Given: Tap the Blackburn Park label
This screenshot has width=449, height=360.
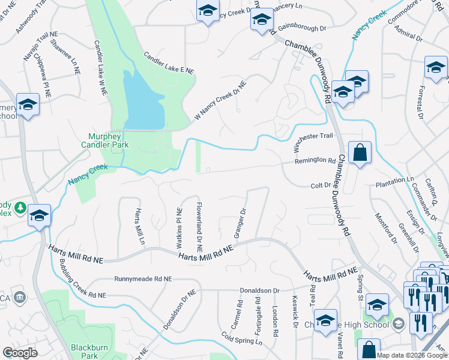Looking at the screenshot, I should [84, 351].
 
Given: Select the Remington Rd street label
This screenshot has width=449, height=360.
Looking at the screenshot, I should [315, 161].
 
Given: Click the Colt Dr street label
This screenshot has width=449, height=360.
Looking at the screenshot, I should [321, 185].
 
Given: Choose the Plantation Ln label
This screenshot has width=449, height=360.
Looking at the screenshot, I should [395, 179].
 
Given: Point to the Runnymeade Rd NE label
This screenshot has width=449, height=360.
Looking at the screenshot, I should [143, 279].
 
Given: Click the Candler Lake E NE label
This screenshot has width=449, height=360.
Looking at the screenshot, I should [169, 62].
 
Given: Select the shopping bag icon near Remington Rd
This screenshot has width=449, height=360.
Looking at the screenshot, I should [360, 154].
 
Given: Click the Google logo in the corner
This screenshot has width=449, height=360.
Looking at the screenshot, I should [20, 353].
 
